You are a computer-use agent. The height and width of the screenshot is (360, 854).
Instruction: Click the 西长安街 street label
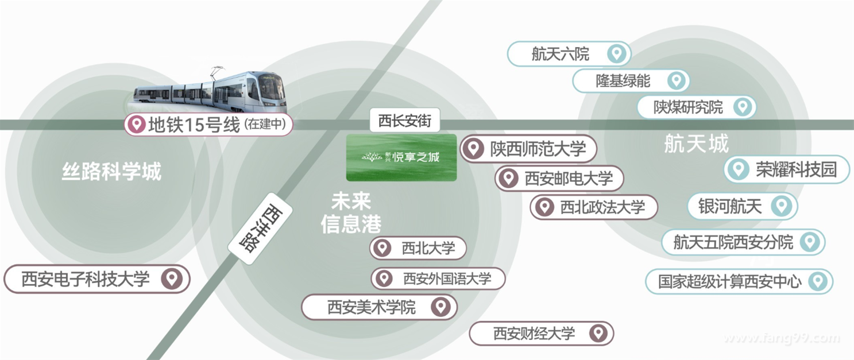click(404, 121)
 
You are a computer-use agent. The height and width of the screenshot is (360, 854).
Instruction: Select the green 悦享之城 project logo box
click(401, 157)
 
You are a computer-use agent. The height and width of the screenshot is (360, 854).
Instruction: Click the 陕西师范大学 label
click(538, 149)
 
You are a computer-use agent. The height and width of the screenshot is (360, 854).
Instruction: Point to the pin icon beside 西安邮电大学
click(508, 178)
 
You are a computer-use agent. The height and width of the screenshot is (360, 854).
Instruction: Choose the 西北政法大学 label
click(602, 207)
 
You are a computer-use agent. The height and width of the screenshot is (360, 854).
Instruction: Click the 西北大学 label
click(428, 249)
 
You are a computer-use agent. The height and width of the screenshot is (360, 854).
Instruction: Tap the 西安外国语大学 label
click(447, 279)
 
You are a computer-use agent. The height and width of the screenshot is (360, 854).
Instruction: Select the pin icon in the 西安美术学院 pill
click(440, 307)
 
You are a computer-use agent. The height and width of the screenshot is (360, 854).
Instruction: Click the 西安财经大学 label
click(534, 334)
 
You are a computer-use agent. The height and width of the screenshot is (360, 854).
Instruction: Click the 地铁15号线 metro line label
click(194, 125)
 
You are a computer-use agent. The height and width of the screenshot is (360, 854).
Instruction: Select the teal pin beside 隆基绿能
click(676, 81)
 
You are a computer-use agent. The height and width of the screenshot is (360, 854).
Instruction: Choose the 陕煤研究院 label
click(688, 107)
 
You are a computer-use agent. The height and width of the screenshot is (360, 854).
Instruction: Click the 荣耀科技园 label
click(795, 169)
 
